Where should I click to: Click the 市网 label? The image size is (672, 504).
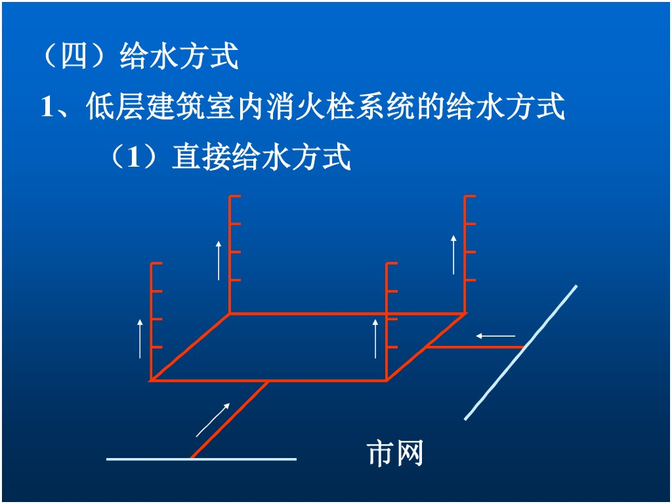pyautogui.click(x=395, y=453)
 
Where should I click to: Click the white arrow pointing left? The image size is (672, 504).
pyautogui.click(x=495, y=336)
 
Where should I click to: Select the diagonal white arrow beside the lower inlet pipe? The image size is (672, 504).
pyautogui.click(x=213, y=419)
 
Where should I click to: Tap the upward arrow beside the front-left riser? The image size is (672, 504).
pyautogui.click(x=140, y=339)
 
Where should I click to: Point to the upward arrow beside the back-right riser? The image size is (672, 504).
pyautogui.click(x=453, y=255)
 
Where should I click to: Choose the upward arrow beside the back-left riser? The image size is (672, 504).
pyautogui.click(x=219, y=261)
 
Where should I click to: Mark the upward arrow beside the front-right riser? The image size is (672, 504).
pyautogui.click(x=375, y=339)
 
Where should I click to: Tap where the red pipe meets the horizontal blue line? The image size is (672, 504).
pyautogui.click(x=191, y=458)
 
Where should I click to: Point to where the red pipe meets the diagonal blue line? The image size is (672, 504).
pyautogui.click(x=523, y=346)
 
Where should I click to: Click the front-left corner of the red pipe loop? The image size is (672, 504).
pyautogui.click(x=152, y=380)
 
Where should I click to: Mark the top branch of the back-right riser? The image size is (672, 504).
pyautogui.click(x=470, y=196)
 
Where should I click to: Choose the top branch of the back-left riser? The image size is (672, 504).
pyautogui.click(x=235, y=196)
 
